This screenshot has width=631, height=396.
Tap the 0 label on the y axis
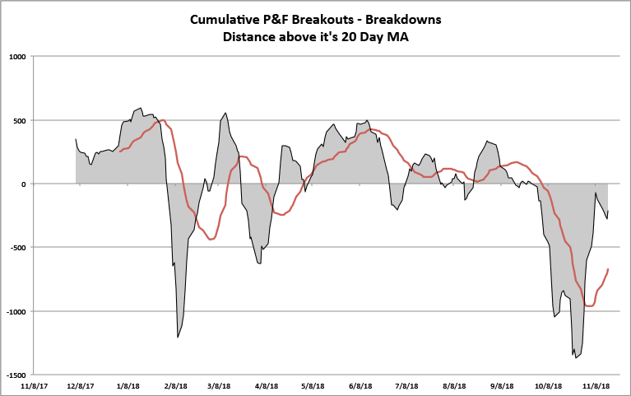pos(25,184)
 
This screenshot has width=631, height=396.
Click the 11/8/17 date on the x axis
pos(34,384)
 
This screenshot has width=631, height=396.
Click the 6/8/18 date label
pos(361,384)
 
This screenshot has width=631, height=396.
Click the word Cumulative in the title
pos(227,18)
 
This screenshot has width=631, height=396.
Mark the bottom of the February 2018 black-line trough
pos(178,338)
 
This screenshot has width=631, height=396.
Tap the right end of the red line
pos(608,268)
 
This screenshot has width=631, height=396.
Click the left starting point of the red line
pos(120,151)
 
